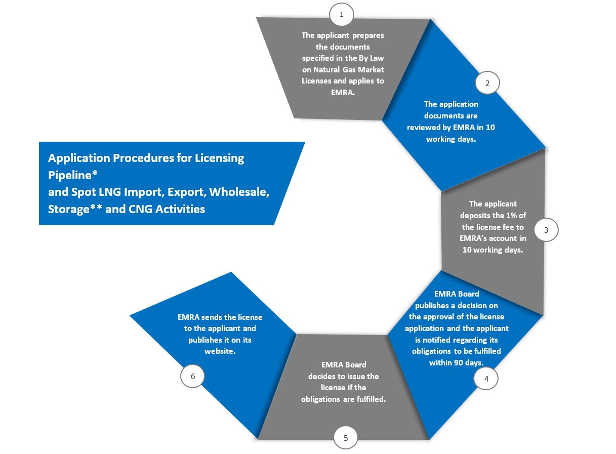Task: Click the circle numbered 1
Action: tap(341, 14)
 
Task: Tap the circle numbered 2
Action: tap(487, 83)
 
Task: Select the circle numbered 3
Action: tap(546, 230)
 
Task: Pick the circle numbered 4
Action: tap(486, 379)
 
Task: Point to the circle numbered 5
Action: tap(346, 438)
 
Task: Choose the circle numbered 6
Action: tap(192, 376)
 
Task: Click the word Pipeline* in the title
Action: tap(73, 176)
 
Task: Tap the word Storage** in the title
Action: tap(75, 209)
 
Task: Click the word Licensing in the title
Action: tap(220, 158)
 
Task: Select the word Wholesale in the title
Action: tap(239, 192)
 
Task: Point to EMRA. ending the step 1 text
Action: tap(343, 93)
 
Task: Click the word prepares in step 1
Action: tap(368, 36)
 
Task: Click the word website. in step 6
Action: tap(220, 351)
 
